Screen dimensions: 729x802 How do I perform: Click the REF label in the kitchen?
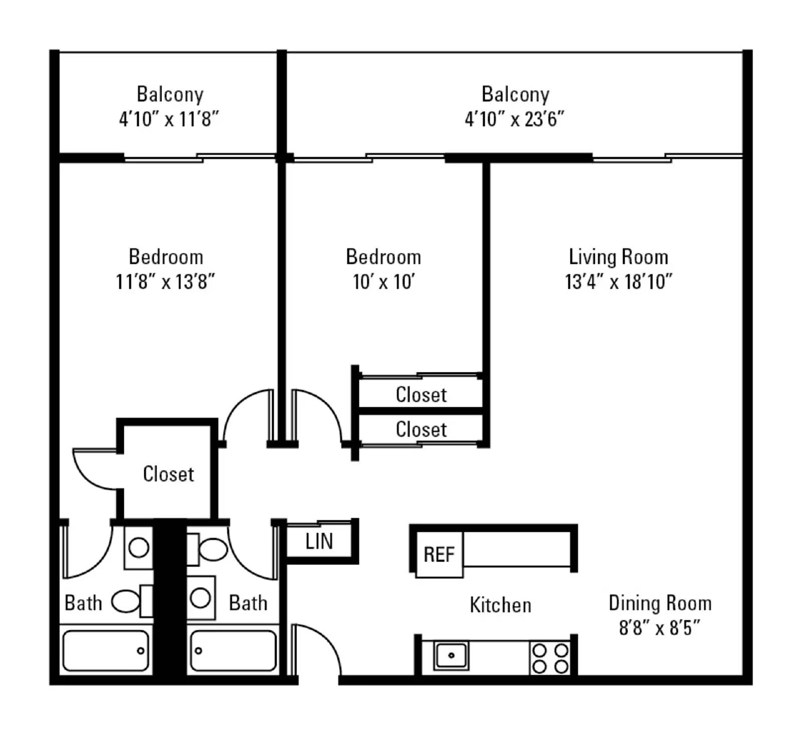click(x=439, y=554)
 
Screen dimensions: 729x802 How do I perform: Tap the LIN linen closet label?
click(x=319, y=541)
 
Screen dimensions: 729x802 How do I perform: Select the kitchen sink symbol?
click(x=451, y=655)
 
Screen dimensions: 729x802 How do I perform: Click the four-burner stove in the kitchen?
click(x=550, y=658)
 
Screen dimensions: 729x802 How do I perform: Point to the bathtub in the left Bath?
click(x=105, y=651)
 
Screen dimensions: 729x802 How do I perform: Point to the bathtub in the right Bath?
click(x=233, y=651)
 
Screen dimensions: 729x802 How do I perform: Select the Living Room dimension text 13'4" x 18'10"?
click(x=618, y=281)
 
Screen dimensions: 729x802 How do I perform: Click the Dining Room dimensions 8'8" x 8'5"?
click(x=659, y=628)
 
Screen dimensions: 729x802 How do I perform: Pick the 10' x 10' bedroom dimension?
click(x=383, y=281)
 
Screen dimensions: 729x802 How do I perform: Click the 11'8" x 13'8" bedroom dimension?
click(x=165, y=281)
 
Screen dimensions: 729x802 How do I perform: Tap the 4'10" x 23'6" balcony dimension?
click(x=514, y=119)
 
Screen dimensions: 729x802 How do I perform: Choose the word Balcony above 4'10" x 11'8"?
click(x=170, y=94)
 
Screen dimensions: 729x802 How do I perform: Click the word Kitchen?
click(x=500, y=605)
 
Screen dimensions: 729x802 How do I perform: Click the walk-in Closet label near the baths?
click(x=168, y=474)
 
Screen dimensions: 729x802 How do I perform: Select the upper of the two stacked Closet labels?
click(x=421, y=394)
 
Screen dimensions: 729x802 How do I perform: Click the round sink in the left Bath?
click(x=138, y=547)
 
